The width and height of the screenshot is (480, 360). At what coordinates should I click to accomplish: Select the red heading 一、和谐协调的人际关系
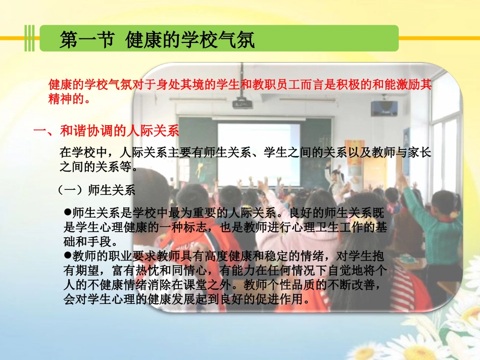107,132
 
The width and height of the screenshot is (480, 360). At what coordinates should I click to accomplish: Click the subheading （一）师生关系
97,190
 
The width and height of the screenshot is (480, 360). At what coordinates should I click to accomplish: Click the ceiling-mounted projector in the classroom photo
242,104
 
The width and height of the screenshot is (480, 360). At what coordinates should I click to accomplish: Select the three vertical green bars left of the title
31,38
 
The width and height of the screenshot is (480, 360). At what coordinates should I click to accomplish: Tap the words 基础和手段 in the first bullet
90,241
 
